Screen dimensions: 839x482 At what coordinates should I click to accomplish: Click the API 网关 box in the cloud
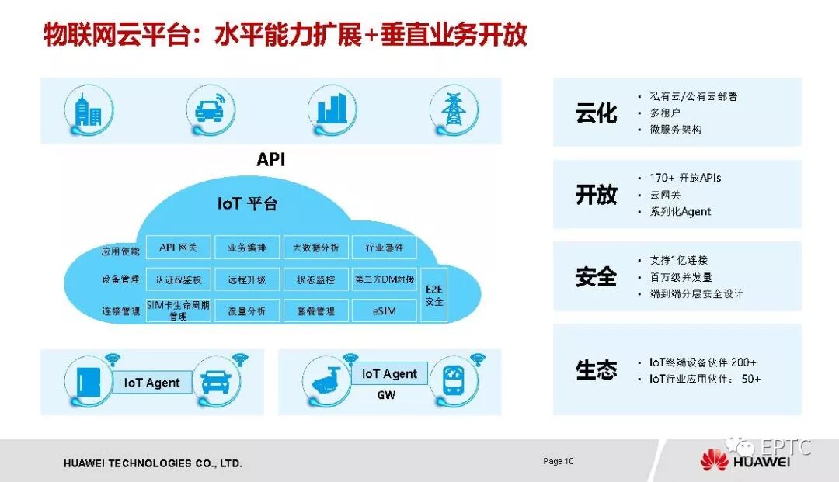point(178,248)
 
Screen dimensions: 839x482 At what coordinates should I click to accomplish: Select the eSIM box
point(385,310)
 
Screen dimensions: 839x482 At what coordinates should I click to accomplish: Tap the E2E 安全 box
point(434,296)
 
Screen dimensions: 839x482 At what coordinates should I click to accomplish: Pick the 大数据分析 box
point(315,248)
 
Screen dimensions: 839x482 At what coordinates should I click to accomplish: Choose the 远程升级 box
point(246,279)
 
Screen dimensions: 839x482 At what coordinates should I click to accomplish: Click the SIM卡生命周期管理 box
point(178,310)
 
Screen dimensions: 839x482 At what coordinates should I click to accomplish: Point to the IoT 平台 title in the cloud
point(247,204)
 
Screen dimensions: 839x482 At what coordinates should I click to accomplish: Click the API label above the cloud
point(271,160)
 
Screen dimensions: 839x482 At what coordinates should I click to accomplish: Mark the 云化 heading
point(596,113)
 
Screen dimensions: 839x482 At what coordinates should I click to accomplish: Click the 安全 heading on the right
point(596,276)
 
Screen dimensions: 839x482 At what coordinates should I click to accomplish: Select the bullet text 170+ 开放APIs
point(685,178)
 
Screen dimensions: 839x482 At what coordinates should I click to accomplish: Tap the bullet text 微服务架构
point(675,129)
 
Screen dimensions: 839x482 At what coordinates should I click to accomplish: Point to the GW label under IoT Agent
point(386,395)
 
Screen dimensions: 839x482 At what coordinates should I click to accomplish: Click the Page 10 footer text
point(558,461)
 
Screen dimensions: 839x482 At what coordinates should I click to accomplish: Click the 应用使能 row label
point(120,251)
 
